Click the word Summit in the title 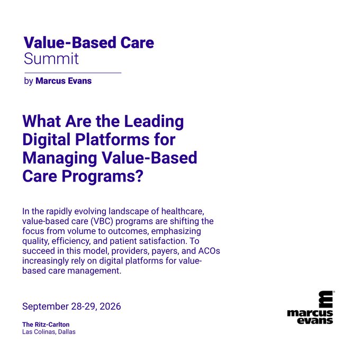tap(51, 59)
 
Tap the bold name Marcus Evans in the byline tap(64, 81)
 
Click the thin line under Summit tap(73, 73)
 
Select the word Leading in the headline tap(154, 122)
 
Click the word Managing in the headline tap(60, 158)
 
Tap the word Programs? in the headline tap(102, 177)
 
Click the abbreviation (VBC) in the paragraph tap(102, 221)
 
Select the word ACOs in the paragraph tap(209, 251)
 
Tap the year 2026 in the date tap(110, 307)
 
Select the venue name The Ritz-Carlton tap(46, 325)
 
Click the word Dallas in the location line tap(67, 332)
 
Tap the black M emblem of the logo tap(326, 300)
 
